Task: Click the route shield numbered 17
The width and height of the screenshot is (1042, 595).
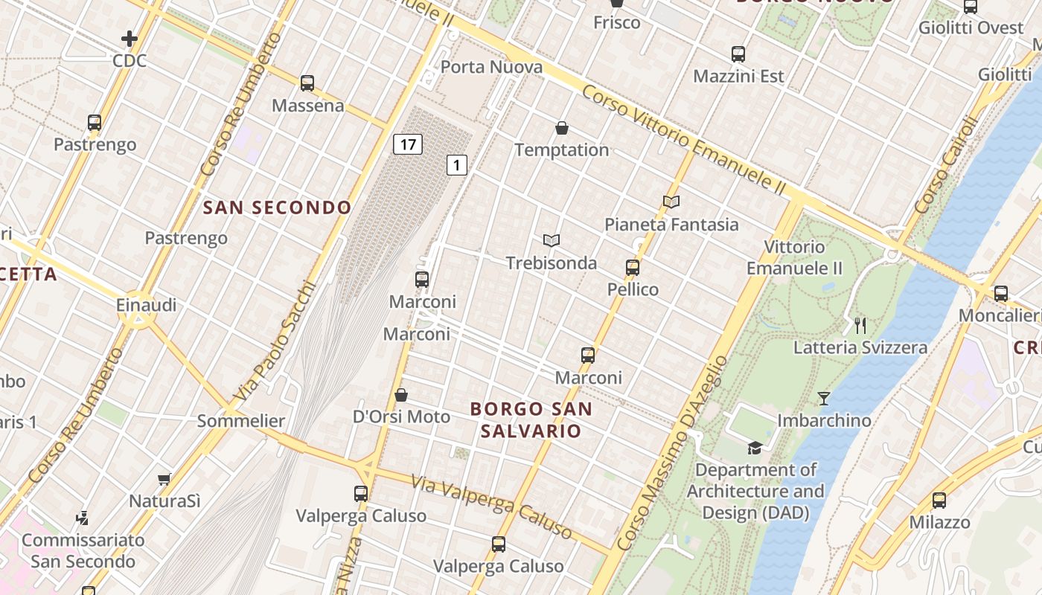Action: (408, 144)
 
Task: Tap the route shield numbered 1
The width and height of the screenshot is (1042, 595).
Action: (457, 164)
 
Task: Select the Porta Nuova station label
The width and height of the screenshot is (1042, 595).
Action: (491, 67)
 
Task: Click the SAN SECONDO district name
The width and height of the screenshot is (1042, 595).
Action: (277, 208)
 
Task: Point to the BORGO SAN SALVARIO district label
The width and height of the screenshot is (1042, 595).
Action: (531, 419)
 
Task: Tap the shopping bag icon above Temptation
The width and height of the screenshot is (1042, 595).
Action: (562, 128)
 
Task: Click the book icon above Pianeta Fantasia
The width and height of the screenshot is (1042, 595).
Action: (671, 202)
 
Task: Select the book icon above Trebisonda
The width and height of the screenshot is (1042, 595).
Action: (552, 240)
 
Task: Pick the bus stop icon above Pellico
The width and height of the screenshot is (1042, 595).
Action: (633, 267)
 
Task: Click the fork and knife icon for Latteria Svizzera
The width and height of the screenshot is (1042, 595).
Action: (860, 325)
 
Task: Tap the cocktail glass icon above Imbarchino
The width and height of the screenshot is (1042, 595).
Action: (824, 399)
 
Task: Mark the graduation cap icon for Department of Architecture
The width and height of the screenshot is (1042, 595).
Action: (755, 448)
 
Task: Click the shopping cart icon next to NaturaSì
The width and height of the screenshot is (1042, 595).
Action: (164, 480)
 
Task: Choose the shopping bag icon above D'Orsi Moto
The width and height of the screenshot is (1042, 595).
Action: (401, 394)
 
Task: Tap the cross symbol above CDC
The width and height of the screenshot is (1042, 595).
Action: (130, 38)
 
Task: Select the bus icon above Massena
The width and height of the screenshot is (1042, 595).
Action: (307, 83)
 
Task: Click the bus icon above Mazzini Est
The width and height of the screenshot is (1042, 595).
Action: (738, 54)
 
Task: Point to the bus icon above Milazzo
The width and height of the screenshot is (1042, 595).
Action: (939, 500)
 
